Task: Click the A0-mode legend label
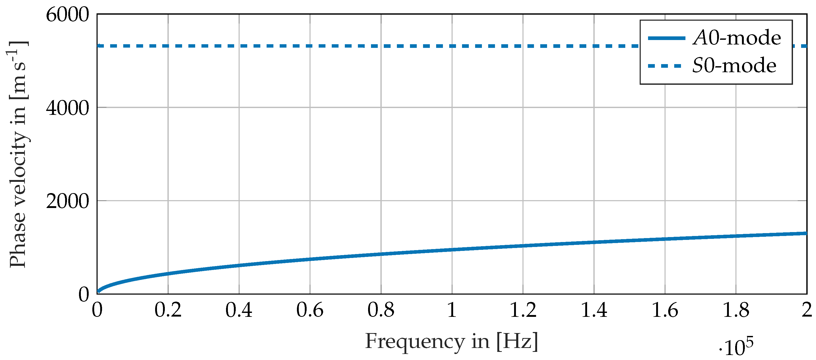(x=737, y=38)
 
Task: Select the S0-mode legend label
(x=734, y=66)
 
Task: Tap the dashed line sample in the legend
(x=665, y=66)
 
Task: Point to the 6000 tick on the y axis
(x=67, y=15)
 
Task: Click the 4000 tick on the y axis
(x=67, y=108)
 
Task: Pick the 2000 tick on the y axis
(x=67, y=201)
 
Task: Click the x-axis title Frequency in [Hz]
(x=451, y=341)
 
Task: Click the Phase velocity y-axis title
(x=18, y=154)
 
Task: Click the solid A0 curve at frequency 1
(x=452, y=250)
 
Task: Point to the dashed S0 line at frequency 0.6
(x=310, y=46)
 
